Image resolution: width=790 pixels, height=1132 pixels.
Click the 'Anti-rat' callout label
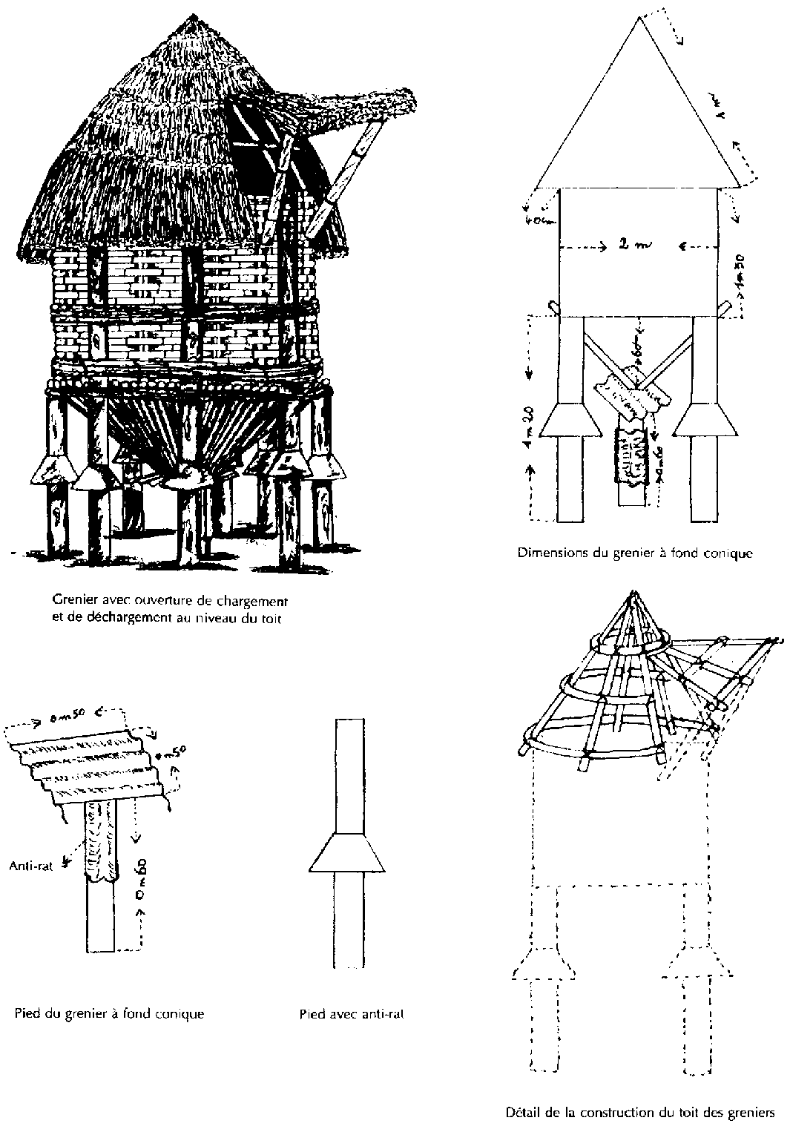click(30, 865)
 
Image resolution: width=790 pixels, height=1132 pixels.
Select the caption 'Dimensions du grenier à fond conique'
click(635, 553)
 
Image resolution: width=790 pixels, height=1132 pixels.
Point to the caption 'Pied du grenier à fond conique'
click(109, 1013)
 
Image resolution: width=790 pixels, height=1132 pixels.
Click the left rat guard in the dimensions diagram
click(570, 420)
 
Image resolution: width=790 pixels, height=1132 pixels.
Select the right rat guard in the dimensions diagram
click(705, 420)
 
